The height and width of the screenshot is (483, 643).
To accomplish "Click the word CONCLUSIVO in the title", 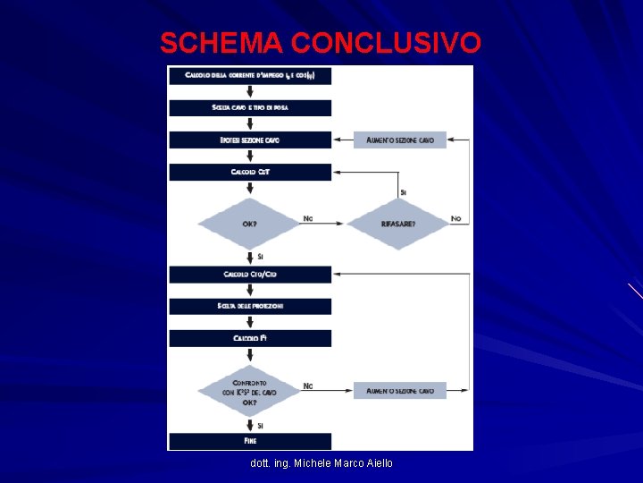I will pos(386,42).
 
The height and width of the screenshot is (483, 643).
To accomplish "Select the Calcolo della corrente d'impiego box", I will pos(250,75).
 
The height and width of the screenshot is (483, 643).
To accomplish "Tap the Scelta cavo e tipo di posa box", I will pos(250,107).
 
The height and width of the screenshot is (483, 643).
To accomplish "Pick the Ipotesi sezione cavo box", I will pos(250,140).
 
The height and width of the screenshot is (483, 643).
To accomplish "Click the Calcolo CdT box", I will pos(250,172).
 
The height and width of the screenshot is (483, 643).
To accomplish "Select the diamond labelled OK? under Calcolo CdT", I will pos(249,223).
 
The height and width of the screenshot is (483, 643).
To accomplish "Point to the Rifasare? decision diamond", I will pos(397,223).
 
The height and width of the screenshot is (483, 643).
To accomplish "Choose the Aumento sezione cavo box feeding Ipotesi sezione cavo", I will pos(399,140).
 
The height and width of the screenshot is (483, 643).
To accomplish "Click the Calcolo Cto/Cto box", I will pos(250,274).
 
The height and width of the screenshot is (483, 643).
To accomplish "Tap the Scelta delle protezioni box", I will pos(250,306).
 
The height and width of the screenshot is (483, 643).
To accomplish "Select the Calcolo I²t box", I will pos(250,338).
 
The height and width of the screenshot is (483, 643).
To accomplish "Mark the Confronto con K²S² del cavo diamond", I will pos(249,390).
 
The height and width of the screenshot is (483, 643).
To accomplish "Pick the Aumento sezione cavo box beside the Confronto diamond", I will pos(399,390).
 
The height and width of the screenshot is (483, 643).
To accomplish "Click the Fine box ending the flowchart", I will pos(250,441).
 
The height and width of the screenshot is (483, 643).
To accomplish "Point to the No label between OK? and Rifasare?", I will pos(308,218).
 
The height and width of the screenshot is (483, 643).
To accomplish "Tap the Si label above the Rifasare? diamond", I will pos(404,191).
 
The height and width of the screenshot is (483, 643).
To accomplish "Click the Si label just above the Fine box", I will pos(260,426).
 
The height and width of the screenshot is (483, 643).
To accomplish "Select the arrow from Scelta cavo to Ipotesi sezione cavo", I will pos(250,123).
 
